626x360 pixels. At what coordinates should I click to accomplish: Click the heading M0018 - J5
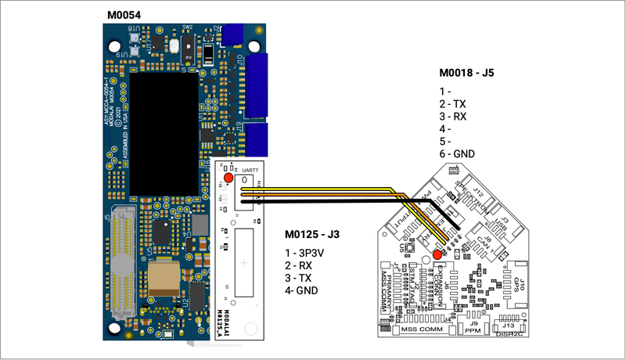tap(466, 74)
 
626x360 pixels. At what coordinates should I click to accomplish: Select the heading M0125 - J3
tap(311, 234)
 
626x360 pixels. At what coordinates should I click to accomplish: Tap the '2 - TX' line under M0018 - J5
tap(453, 103)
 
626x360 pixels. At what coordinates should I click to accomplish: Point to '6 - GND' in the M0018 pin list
tap(457, 154)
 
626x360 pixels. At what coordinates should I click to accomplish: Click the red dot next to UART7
tap(228, 178)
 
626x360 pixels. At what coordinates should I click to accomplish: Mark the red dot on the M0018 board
tap(437, 254)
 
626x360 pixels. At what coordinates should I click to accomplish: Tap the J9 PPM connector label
tap(473, 327)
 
